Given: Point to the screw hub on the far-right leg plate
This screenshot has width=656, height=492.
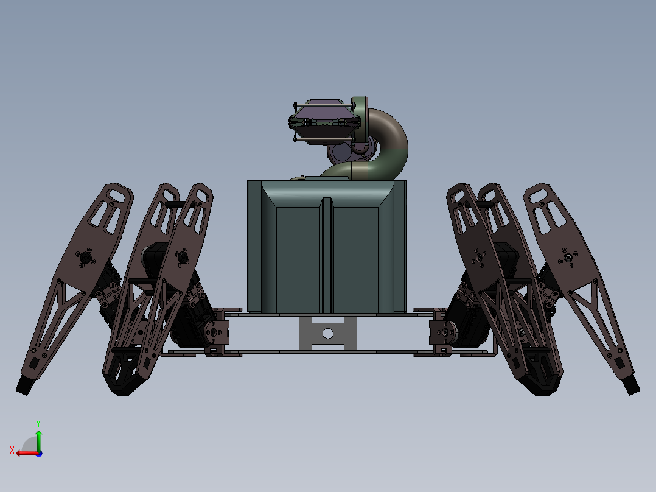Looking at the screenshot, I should (x=568, y=258).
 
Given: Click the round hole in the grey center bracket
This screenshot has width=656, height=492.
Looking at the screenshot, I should (x=328, y=333).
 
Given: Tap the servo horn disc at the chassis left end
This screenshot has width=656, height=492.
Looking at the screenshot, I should (x=215, y=332).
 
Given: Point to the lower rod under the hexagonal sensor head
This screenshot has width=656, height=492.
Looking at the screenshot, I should (x=323, y=140).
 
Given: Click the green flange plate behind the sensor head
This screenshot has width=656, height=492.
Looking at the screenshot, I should (x=360, y=116).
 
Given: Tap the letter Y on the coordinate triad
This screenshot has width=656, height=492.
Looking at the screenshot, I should (x=38, y=423).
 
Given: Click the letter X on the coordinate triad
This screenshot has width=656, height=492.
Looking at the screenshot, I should (x=12, y=450).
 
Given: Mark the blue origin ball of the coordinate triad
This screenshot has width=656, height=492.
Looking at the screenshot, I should (x=38, y=453).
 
